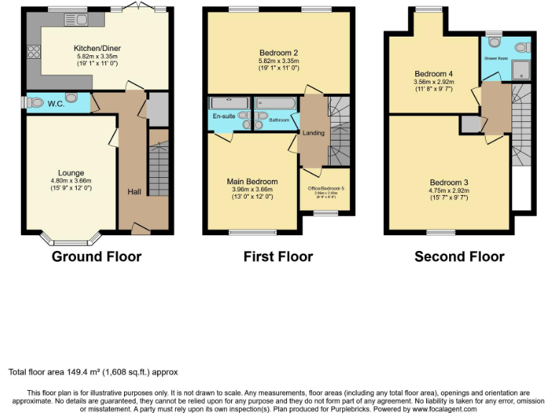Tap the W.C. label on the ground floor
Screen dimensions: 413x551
tap(57, 104)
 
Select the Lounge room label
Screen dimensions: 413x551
tap(72, 173)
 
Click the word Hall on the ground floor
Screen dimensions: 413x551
tap(134, 191)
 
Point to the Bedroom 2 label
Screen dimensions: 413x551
tap(279, 52)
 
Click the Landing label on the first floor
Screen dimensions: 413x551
tap(314, 133)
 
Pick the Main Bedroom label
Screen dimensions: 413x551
tap(252, 181)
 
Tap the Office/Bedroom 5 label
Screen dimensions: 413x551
tap(326, 188)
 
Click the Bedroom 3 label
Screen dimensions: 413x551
tap(449, 182)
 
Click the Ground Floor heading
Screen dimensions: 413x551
tap(96, 256)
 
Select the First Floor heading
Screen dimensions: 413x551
tap(278, 256)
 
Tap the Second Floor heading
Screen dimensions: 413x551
tap(459, 256)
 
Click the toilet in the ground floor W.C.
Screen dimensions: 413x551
tap(35, 103)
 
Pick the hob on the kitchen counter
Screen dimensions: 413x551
tap(34, 51)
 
